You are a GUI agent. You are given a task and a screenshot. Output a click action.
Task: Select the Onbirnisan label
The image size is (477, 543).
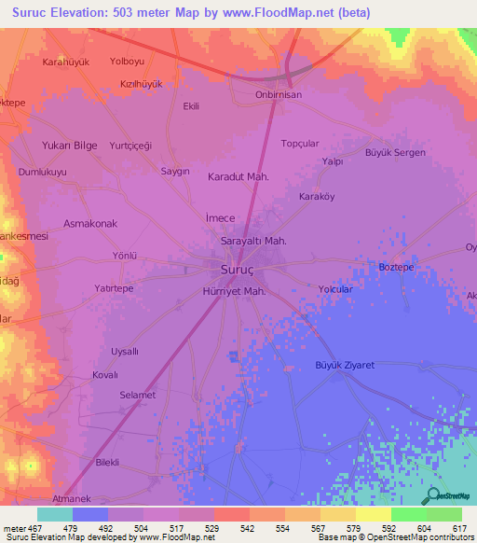(279, 95)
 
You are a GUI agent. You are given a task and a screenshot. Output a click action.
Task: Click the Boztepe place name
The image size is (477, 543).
(396, 267)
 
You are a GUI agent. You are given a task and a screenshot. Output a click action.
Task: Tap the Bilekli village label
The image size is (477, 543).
(113, 462)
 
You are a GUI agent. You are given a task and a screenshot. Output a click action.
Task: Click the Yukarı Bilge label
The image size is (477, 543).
(69, 146)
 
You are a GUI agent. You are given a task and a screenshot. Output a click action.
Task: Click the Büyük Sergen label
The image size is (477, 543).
(395, 152)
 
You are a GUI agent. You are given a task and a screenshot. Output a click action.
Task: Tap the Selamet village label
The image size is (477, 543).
(137, 396)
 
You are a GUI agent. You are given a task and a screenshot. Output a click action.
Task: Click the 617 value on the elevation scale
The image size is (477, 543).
(459, 527)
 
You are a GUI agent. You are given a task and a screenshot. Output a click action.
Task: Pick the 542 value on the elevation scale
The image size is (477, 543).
(247, 527)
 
